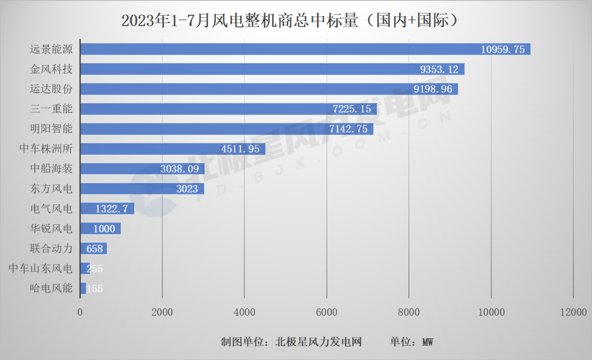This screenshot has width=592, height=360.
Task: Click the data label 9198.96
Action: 433,89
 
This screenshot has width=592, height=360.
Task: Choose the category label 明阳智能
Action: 51,129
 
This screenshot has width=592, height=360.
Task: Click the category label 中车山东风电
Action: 41,268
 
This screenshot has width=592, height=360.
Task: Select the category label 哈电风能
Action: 51,288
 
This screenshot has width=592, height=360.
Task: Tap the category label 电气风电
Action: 51,209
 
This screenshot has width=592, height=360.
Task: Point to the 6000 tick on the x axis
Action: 327,312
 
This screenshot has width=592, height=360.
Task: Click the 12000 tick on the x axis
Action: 573,312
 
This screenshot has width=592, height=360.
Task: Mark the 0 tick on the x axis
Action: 80,312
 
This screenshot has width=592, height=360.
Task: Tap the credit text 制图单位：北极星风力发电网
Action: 291,342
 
